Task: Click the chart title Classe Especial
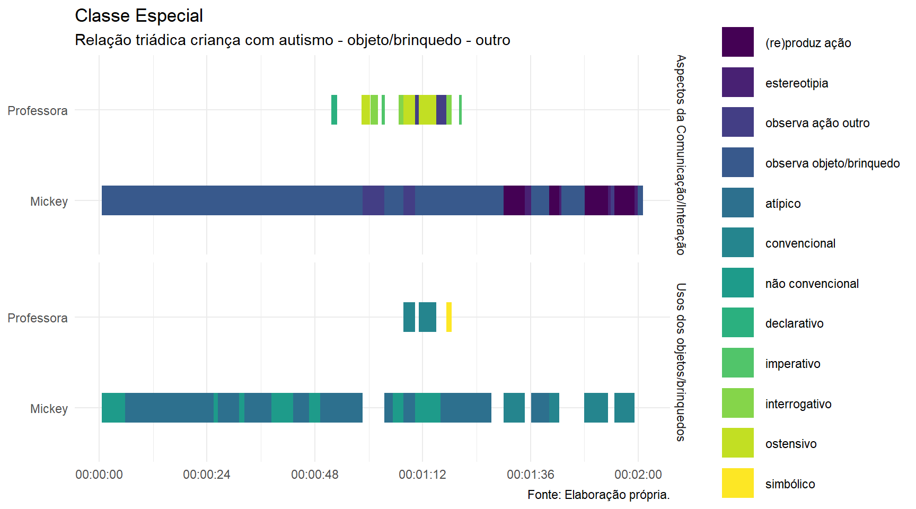[x=139, y=16]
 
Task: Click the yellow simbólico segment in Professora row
[x=449, y=317]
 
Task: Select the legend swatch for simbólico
[x=737, y=483]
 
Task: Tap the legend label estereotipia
[x=796, y=83]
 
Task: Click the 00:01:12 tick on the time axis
[x=422, y=475]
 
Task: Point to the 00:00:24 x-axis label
[x=207, y=475]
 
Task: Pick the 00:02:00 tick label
[x=638, y=475]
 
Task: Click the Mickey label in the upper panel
[x=49, y=201]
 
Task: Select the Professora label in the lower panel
[x=38, y=318]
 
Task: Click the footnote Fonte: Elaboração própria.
[x=598, y=495]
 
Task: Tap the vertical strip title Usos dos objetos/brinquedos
[x=681, y=362]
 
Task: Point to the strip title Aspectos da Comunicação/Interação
[x=681, y=155]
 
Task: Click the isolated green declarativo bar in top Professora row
[x=334, y=110]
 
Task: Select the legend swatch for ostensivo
[x=737, y=443]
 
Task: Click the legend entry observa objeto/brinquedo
[x=832, y=163]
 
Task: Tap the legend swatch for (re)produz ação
[x=737, y=42]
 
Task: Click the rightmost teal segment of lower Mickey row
[x=624, y=408]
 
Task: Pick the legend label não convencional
[x=812, y=284]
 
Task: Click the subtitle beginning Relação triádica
[x=292, y=40]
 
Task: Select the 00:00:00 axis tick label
[x=99, y=475]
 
